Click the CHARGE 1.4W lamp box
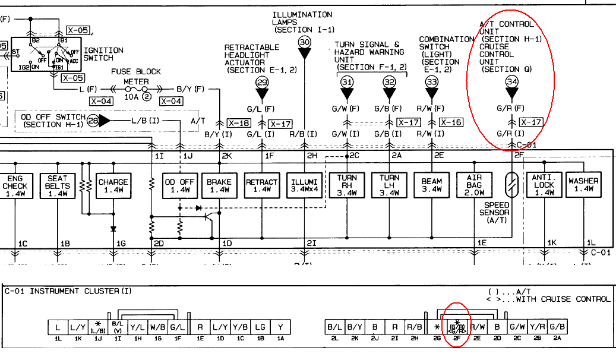pos(113,185)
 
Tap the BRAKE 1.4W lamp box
pos(219,185)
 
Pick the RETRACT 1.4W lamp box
pos(262,185)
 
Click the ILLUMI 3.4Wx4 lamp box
pos(305,185)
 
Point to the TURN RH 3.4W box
pos(347,185)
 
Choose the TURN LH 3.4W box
pos(389,185)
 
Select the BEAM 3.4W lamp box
pos(432,185)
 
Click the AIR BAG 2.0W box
pos(474,185)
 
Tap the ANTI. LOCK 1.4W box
pos(544,185)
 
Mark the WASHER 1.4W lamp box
pos(583,185)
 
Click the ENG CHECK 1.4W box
pos(14,185)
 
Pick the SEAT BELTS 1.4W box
pos(58,185)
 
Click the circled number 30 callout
pos(305,42)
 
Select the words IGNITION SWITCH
pos(103,54)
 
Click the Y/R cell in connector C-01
pos(538,327)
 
